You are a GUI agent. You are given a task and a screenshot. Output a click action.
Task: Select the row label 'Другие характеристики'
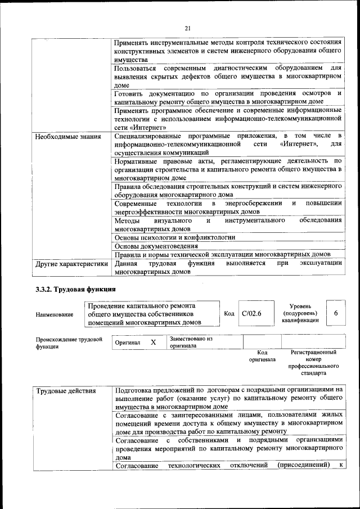(71, 263)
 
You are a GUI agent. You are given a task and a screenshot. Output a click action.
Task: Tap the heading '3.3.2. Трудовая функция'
(75, 289)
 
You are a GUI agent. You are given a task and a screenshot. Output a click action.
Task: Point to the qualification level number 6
(336, 313)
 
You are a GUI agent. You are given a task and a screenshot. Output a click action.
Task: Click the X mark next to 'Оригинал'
(153, 342)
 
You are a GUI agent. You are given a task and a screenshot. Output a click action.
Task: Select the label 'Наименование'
(55, 314)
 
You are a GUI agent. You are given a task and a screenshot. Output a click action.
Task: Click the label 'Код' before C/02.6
(229, 313)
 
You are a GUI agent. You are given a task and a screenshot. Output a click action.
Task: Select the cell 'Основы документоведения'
(156, 246)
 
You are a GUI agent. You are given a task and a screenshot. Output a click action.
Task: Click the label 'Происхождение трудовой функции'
(69, 343)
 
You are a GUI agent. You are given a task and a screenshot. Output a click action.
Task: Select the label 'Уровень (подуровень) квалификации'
(299, 313)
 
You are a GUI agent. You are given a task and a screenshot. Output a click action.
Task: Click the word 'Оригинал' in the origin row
(127, 343)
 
